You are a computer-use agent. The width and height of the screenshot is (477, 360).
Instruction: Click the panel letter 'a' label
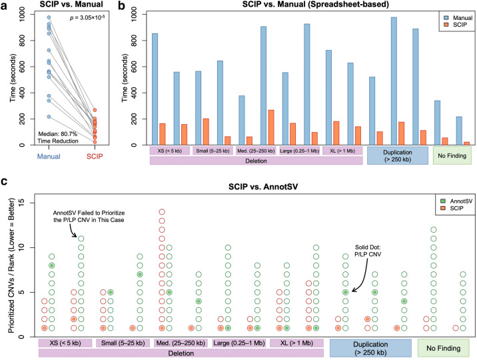click(x=5, y=6)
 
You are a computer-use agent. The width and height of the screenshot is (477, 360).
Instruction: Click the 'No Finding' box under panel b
click(x=452, y=155)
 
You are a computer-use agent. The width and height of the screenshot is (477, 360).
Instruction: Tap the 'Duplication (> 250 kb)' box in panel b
click(x=397, y=155)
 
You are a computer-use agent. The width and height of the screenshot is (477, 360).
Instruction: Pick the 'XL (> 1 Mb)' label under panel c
click(x=296, y=343)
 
